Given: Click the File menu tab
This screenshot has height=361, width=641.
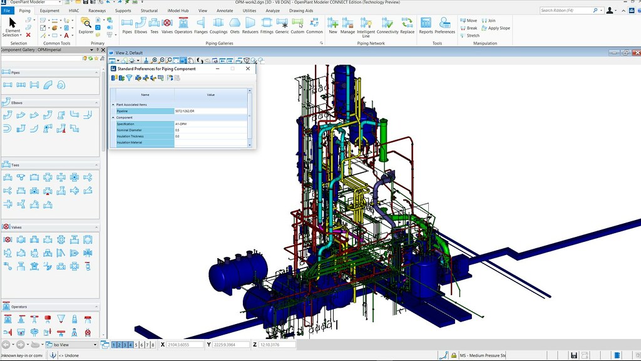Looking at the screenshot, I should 7,11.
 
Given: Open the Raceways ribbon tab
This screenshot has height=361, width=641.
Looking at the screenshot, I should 97,11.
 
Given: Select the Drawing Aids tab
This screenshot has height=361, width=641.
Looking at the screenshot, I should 301,11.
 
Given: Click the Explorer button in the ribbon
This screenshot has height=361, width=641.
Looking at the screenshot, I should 86,26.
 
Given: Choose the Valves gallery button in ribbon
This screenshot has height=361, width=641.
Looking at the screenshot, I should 167,26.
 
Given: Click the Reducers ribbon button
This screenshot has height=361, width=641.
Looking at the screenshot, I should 250,26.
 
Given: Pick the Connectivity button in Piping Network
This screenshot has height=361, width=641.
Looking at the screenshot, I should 387,26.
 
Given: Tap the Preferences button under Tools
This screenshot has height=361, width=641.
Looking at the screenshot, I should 445,26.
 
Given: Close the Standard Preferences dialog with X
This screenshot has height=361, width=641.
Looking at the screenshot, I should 248,68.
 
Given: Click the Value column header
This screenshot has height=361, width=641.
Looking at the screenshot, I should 210,95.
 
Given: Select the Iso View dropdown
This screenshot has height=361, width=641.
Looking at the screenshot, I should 71,345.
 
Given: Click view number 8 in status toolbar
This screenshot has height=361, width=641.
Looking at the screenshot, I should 153,345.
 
